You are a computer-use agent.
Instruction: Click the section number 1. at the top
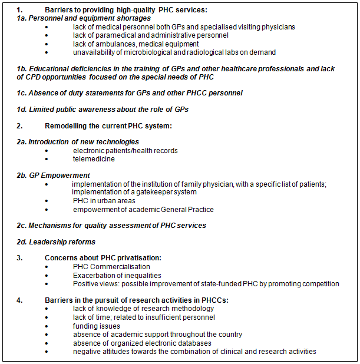click(19, 9)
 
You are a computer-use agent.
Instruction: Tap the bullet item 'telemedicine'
click(94, 158)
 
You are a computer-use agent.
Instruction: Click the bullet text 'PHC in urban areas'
click(105, 201)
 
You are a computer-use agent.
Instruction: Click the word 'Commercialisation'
click(121, 266)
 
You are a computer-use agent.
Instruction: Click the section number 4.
click(19, 300)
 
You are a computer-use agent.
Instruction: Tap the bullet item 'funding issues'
click(97, 326)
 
